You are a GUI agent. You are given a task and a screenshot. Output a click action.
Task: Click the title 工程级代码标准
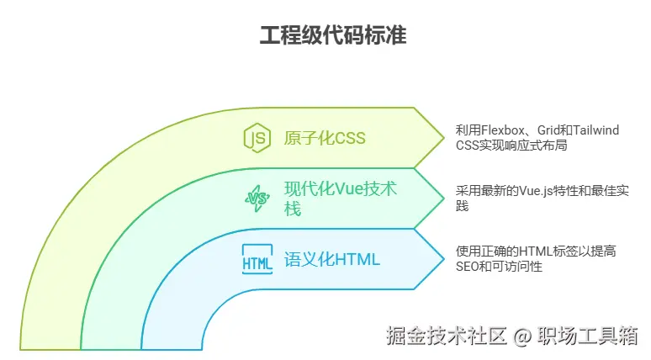325,36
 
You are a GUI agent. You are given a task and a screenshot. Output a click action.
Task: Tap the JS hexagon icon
257,137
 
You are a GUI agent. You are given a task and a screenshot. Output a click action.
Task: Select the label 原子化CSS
325,138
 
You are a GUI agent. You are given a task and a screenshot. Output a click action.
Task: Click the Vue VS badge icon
257,199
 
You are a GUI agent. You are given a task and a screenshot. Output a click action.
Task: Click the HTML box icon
257,259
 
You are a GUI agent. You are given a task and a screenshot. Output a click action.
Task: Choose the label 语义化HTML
332,259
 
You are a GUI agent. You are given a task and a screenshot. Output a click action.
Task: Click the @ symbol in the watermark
522,336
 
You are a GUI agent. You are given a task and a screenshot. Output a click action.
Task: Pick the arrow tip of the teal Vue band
443,198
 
